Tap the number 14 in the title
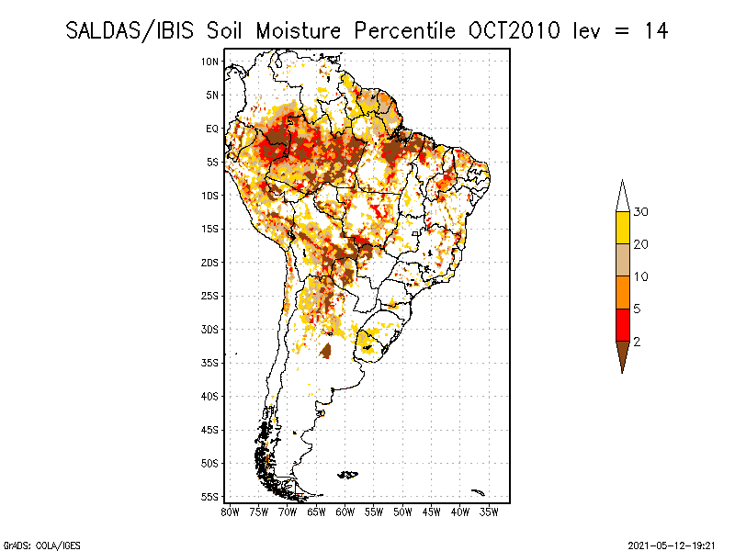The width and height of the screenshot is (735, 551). click(654, 30)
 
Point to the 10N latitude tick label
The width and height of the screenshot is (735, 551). click(210, 62)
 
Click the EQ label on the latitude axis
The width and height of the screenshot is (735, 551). click(212, 129)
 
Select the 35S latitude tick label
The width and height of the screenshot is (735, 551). click(210, 363)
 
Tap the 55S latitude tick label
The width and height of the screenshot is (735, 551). click(210, 497)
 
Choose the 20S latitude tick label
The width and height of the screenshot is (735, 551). click(210, 263)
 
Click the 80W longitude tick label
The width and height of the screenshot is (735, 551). click(231, 511)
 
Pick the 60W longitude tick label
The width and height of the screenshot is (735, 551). click(345, 511)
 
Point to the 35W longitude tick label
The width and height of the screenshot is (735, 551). click(489, 511)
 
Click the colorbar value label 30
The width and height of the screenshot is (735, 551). click(642, 212)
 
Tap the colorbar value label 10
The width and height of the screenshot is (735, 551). click(642, 276)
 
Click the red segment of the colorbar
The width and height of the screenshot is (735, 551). click(622, 324)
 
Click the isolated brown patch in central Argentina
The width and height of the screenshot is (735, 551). click(325, 350)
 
